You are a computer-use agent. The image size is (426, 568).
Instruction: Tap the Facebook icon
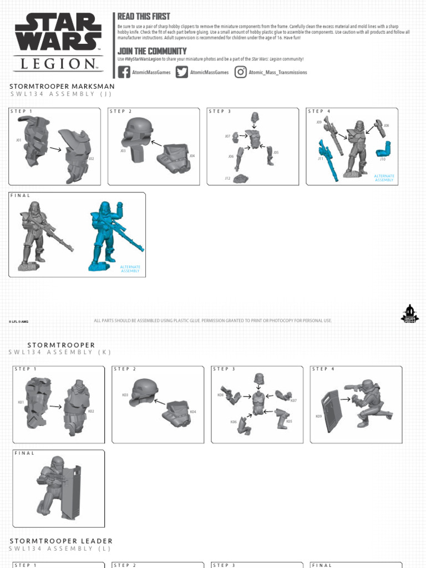click(124, 72)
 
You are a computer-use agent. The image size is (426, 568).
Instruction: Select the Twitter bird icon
click(182, 72)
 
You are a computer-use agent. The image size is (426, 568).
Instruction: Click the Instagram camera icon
click(240, 72)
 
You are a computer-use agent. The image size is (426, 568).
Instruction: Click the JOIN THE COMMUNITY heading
click(152, 51)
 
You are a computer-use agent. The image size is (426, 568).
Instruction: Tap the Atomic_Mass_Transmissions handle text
click(277, 73)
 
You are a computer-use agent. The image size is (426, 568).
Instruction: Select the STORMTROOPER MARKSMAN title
click(62, 87)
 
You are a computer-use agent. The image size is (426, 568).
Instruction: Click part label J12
click(227, 178)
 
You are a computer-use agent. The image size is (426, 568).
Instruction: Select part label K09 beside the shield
click(318, 416)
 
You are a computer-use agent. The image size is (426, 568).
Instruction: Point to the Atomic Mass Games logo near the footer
click(409, 314)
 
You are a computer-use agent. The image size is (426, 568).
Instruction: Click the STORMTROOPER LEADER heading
click(61, 541)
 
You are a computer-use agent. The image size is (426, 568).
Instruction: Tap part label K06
click(234, 422)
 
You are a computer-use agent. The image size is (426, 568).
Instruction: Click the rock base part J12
click(241, 178)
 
